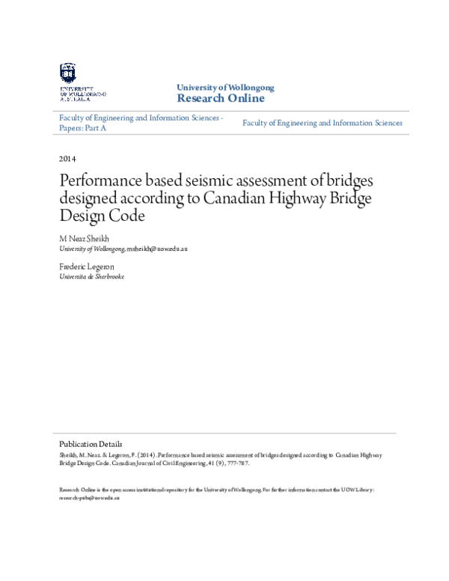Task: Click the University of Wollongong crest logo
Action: (68, 72)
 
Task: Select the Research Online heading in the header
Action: (220, 99)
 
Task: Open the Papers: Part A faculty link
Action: (83, 129)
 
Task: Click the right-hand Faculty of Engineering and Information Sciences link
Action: (322, 123)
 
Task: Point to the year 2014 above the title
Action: (67, 159)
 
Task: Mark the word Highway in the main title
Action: (280, 199)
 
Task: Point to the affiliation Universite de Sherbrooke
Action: (91, 276)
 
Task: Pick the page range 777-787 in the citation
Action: (237, 463)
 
